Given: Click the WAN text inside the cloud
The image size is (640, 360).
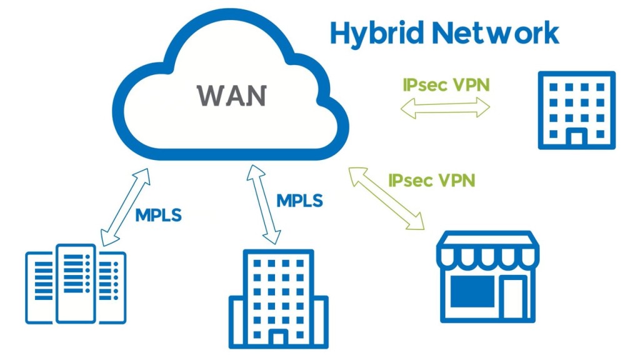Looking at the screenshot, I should [x=232, y=96].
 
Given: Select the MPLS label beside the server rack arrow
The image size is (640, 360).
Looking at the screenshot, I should [x=158, y=215].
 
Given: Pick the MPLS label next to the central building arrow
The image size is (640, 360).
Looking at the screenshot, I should [x=299, y=201].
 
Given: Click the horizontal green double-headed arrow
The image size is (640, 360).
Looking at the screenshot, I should [x=445, y=108].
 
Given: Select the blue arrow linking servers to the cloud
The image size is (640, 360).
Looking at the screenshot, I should [x=124, y=206].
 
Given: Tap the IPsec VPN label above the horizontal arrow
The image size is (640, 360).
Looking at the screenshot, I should [x=444, y=84].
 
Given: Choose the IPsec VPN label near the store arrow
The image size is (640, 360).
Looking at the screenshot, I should [x=431, y=181].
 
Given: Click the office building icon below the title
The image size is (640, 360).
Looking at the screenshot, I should [x=576, y=110].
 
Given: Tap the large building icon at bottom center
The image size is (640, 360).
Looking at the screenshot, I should [x=278, y=299].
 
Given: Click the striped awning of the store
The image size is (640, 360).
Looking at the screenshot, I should [x=487, y=248].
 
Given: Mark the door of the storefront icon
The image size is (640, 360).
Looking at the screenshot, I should [x=514, y=297].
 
